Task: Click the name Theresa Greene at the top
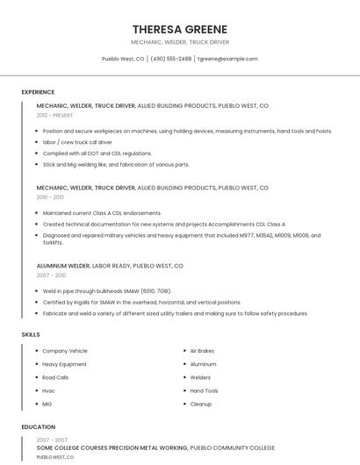(x=180, y=29)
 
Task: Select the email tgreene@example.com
(x=227, y=59)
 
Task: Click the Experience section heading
(x=38, y=92)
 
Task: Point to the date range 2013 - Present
(x=55, y=115)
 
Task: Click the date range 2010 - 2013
(x=50, y=197)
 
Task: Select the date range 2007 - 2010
(x=50, y=275)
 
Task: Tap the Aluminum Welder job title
(x=63, y=265)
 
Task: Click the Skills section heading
(x=31, y=334)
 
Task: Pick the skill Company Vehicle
(x=65, y=351)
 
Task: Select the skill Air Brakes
(x=202, y=351)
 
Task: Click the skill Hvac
(x=49, y=390)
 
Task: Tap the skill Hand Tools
(x=205, y=390)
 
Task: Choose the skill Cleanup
(x=201, y=404)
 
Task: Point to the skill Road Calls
(x=55, y=377)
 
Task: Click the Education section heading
(x=38, y=427)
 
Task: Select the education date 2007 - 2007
(x=52, y=440)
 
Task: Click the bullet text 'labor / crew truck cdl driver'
(x=77, y=142)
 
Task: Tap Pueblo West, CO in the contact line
(x=123, y=59)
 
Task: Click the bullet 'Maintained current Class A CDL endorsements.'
(x=102, y=213)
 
